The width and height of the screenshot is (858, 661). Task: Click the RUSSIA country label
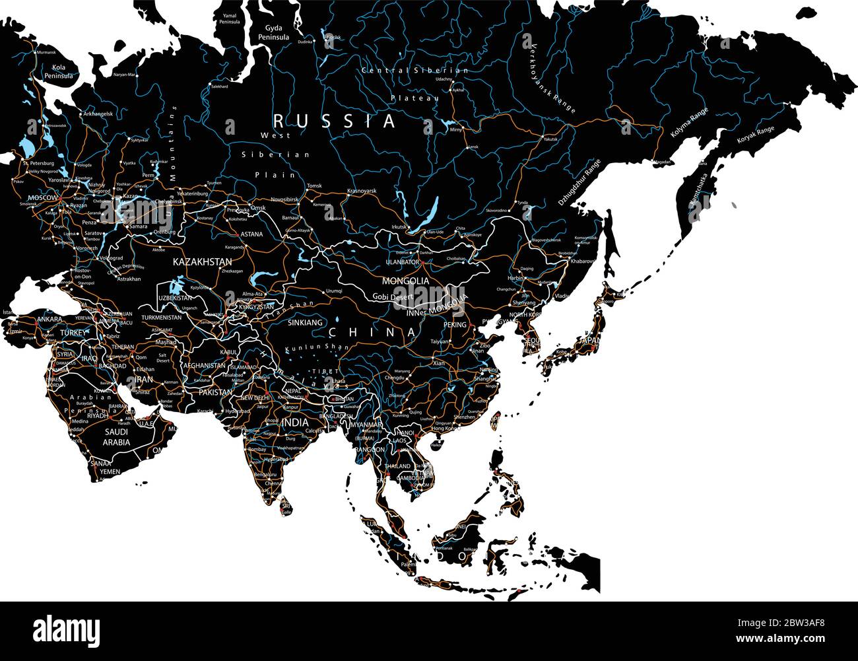click(x=335, y=122)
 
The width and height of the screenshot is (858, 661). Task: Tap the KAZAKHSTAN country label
click(x=202, y=262)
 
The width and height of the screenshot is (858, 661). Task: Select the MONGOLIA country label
click(x=405, y=281)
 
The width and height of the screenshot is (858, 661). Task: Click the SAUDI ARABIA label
click(x=116, y=437)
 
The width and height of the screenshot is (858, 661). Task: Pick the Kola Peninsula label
click(x=58, y=71)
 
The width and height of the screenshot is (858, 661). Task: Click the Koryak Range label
click(x=755, y=137)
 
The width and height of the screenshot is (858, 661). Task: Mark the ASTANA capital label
click(x=251, y=234)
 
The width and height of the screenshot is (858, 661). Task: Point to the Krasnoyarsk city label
click(x=362, y=191)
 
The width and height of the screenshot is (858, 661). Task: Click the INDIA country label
click(x=294, y=422)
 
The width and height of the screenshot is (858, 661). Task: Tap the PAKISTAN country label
click(x=215, y=392)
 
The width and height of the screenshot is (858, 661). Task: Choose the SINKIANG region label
click(x=305, y=323)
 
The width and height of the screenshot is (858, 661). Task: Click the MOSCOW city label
click(x=42, y=197)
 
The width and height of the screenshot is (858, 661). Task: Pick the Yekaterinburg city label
click(x=192, y=194)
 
